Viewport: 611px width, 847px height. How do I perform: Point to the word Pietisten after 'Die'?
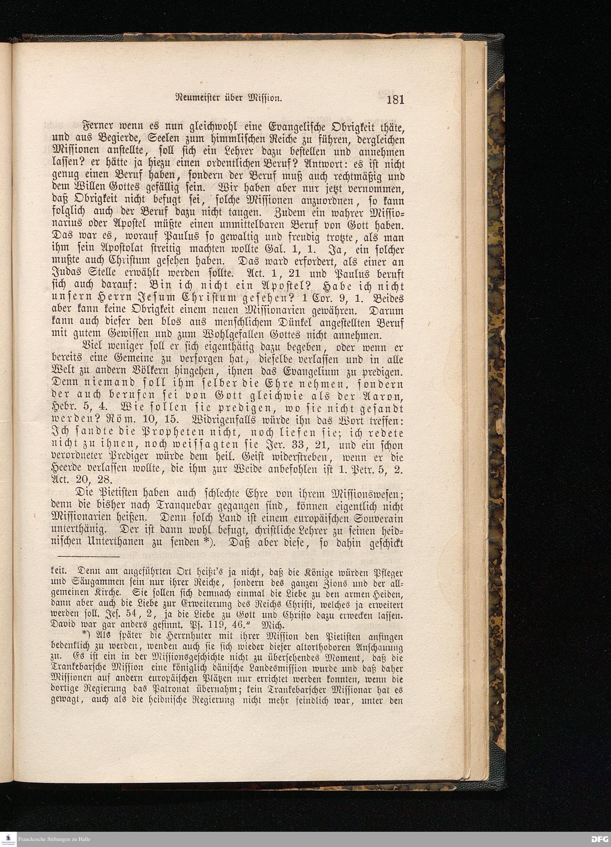[112, 495]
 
